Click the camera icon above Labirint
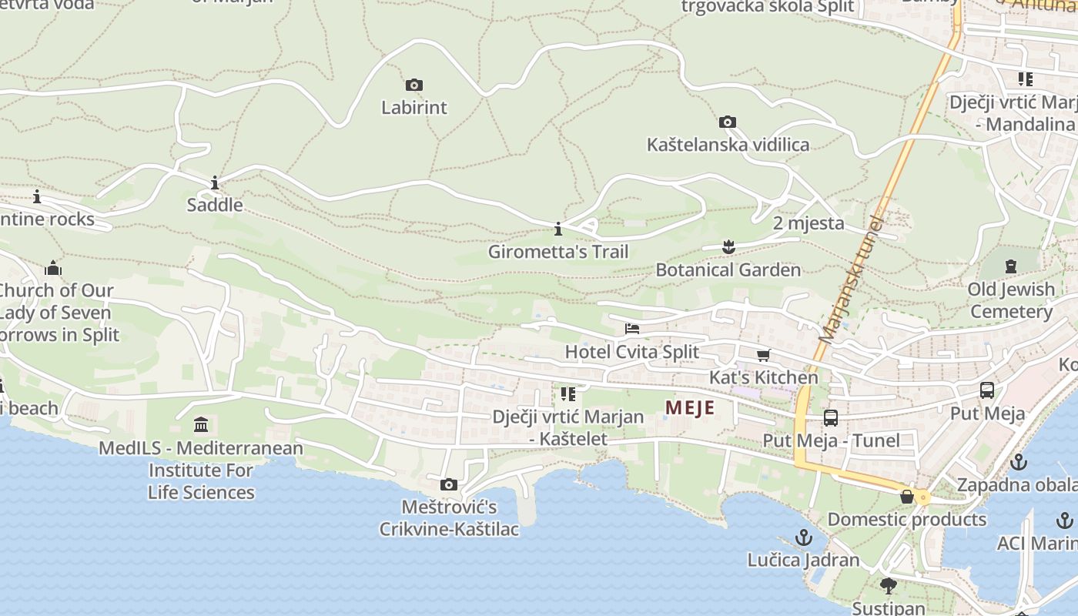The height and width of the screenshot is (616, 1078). click(x=413, y=85)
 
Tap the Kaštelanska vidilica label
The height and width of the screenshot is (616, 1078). click(x=728, y=145)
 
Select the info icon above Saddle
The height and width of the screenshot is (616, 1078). click(x=214, y=182)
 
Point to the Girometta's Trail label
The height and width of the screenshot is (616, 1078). click(x=558, y=252)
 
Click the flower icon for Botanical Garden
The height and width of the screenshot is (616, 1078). click(x=728, y=247)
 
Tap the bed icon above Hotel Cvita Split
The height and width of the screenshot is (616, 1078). click(x=631, y=329)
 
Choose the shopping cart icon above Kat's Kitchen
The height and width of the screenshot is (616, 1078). click(x=763, y=355)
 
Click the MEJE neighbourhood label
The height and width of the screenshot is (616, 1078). click(x=690, y=408)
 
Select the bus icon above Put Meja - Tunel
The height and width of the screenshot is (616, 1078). click(x=830, y=418)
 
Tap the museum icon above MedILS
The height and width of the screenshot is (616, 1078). click(x=201, y=425)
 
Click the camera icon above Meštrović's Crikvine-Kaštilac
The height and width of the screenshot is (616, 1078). click(x=448, y=484)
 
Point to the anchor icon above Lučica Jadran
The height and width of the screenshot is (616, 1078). click(x=804, y=537)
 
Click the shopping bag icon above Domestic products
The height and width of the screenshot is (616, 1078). click(x=907, y=497)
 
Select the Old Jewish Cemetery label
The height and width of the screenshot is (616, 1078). click(x=1011, y=300)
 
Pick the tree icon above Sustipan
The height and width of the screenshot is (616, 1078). click(x=888, y=586)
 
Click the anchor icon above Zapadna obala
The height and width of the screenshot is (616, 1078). click(x=1018, y=462)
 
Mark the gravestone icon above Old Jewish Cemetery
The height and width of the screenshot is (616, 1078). click(x=1010, y=266)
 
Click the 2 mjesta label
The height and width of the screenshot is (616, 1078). click(x=808, y=223)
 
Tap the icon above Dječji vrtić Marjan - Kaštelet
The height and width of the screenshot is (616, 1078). click(x=568, y=394)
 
